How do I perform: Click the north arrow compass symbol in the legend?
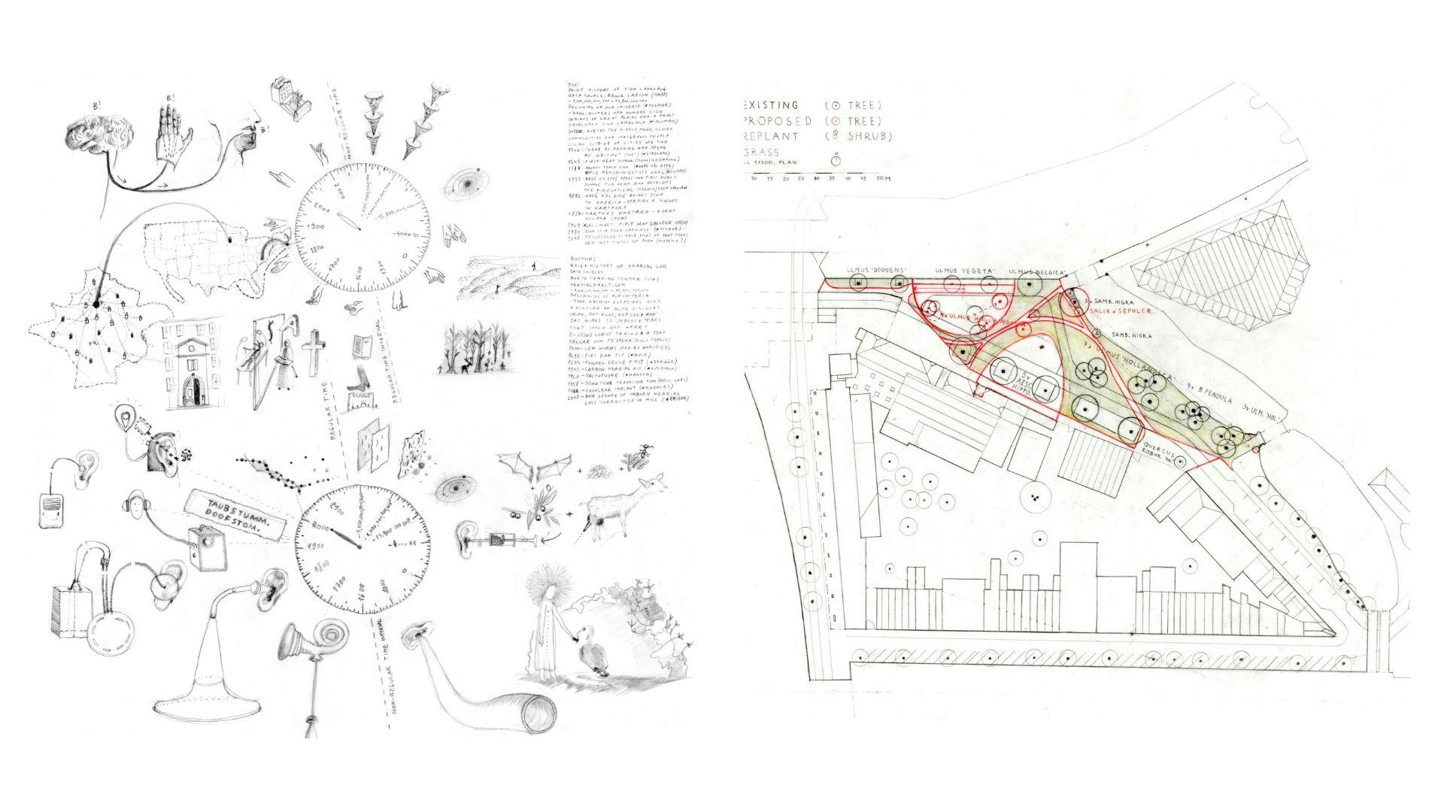[x=836, y=160]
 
